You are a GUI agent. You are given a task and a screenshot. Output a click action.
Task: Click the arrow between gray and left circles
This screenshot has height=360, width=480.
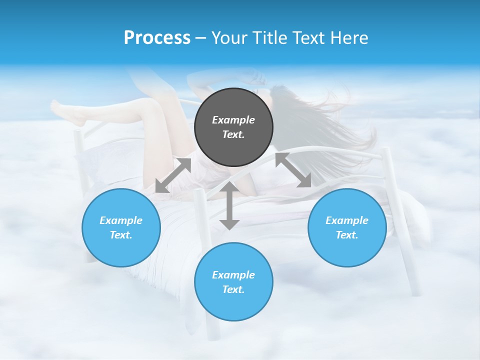tap(173, 175)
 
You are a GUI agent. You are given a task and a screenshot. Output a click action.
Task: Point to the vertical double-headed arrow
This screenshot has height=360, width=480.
tap(229, 205)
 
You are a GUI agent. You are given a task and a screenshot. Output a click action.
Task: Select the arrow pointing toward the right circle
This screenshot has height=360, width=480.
tap(293, 170)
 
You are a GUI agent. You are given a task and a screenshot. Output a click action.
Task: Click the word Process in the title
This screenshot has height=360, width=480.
tap(157, 37)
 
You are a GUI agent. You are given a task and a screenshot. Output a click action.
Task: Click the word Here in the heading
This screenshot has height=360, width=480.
tap(348, 37)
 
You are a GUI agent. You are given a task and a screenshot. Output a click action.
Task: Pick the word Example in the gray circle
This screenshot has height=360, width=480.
tap(233, 120)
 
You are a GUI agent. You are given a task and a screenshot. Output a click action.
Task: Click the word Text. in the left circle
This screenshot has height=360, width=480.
tap(121, 235)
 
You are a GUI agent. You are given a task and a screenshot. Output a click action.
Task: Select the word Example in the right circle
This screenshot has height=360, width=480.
tap(347, 220)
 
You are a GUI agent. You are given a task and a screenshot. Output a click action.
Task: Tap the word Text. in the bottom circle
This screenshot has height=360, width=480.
tap(233, 289)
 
